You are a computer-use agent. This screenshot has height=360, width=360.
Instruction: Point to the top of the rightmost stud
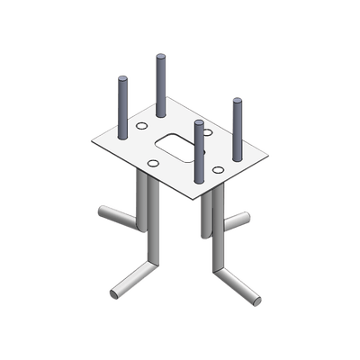pyautogui.click(x=238, y=102)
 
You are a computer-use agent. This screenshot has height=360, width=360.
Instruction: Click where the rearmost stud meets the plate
pyautogui.click(x=162, y=114)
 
